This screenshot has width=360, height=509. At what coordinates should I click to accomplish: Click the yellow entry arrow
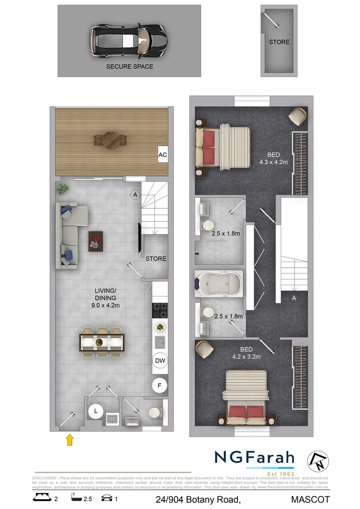(70, 440)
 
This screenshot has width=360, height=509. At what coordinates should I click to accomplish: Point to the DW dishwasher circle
(160, 361)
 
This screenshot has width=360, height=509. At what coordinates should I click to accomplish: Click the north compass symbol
(318, 460)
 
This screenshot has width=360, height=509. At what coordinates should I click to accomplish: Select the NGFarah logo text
(254, 458)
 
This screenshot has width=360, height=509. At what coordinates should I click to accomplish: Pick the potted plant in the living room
(62, 189)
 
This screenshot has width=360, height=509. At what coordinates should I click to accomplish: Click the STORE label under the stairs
(155, 259)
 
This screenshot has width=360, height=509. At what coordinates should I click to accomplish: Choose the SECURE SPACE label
(130, 66)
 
